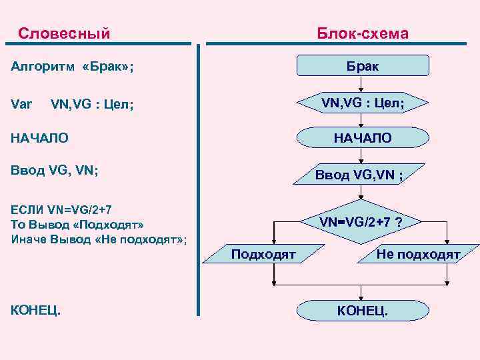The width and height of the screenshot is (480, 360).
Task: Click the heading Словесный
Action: (x=64, y=33)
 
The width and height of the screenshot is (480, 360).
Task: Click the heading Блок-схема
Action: (x=363, y=33)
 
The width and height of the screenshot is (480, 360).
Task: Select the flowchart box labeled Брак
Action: (x=362, y=66)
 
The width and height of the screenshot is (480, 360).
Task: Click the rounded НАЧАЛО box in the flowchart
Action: (x=362, y=138)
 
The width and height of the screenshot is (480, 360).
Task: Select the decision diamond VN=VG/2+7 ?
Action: (x=360, y=221)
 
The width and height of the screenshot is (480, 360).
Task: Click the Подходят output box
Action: (x=263, y=254)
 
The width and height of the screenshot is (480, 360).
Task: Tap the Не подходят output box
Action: (x=417, y=254)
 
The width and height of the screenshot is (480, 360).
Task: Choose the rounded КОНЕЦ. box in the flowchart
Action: (x=362, y=311)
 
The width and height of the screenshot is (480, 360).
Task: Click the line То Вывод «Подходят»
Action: (x=77, y=223)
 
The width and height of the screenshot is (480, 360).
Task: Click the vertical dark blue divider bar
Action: (x=198, y=180)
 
